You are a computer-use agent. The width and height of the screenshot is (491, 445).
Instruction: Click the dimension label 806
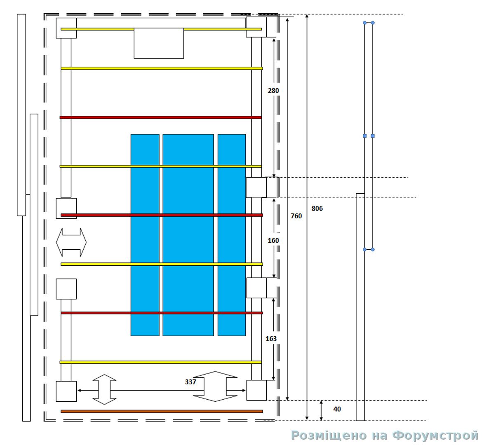[317, 208]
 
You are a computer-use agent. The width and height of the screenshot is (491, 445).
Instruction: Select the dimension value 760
[296, 216]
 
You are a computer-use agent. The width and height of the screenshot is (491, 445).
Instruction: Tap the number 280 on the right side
[273, 91]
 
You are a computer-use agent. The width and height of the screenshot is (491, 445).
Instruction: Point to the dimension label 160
[273, 240]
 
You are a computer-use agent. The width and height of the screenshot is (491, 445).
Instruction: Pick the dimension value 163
[271, 339]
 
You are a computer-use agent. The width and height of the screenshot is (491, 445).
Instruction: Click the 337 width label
[190, 382]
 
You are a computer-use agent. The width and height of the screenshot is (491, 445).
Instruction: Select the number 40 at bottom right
[337, 409]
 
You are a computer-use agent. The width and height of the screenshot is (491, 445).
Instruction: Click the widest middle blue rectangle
[188, 235]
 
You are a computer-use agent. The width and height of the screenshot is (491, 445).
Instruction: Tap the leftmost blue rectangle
[145, 235]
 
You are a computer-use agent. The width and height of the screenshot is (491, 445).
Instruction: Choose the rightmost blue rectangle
[232, 235]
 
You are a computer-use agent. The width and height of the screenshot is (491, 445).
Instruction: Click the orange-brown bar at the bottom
[162, 411]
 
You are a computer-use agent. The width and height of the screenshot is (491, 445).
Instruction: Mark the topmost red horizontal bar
[161, 117]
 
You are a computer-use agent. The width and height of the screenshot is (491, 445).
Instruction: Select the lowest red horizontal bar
[162, 313]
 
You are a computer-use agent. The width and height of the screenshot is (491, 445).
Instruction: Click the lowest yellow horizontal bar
[161, 362]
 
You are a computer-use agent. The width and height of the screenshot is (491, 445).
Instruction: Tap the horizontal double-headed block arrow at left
[71, 242]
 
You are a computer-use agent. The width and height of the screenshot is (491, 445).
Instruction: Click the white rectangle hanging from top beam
[159, 44]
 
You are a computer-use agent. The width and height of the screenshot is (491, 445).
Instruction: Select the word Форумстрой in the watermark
[435, 436]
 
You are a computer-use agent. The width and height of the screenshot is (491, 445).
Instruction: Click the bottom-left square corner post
[66, 391]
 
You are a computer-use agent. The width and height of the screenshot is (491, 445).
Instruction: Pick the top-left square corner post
[66, 28]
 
